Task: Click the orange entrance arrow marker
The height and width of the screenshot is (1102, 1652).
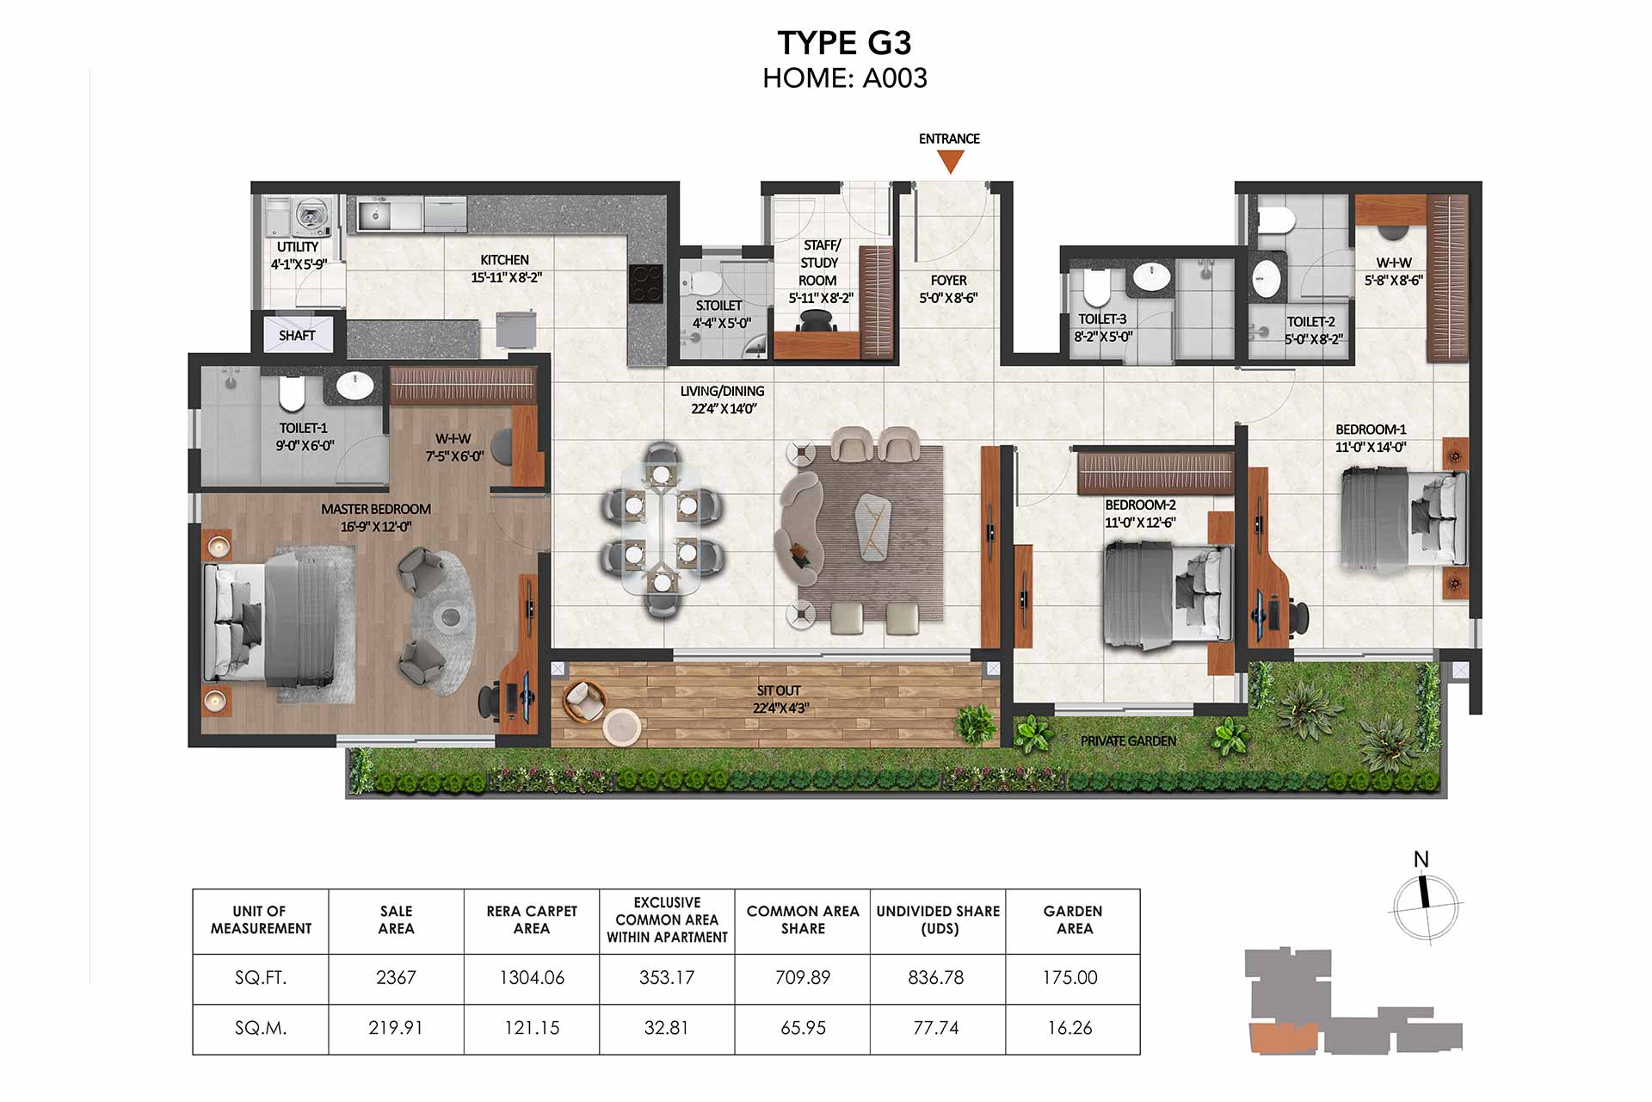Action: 950,161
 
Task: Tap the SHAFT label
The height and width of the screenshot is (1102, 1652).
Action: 297,336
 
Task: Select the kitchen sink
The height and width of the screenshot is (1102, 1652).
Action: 375,215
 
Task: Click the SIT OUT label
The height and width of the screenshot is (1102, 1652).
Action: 779,690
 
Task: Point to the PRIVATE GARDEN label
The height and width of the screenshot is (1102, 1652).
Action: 1128,741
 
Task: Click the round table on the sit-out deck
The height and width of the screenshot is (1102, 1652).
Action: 621,727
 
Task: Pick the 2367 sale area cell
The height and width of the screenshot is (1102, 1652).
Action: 396,978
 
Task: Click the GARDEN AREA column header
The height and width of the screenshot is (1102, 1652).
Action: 1073,919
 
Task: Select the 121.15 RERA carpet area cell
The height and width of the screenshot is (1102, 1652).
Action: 532,1028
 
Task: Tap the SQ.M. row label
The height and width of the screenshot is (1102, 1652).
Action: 261,1028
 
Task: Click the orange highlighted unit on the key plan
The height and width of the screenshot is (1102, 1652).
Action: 1283,1038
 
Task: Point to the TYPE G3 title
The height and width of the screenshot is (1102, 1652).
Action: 844,43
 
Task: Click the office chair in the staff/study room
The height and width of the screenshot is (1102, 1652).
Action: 816,321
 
